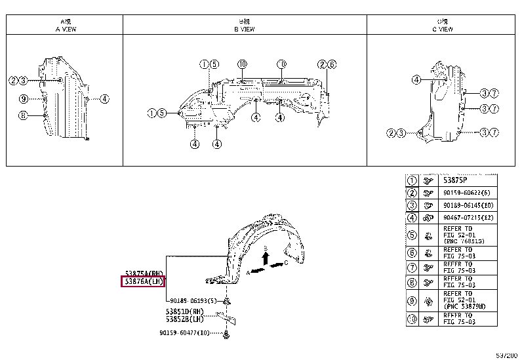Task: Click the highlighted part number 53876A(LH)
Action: pos(144,281)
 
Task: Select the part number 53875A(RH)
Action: pos(144,273)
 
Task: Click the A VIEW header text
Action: pos(64,29)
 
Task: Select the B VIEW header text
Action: pos(245,29)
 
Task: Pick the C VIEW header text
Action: pos(443,29)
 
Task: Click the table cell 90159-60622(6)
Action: pos(466,193)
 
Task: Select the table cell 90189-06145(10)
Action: pos(468,206)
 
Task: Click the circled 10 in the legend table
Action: pos(412,321)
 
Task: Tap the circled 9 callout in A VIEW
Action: pos(22,99)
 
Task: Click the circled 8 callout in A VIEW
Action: pos(22,115)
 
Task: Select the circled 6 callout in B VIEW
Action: pos(332,64)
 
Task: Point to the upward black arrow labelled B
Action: pos(265,258)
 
